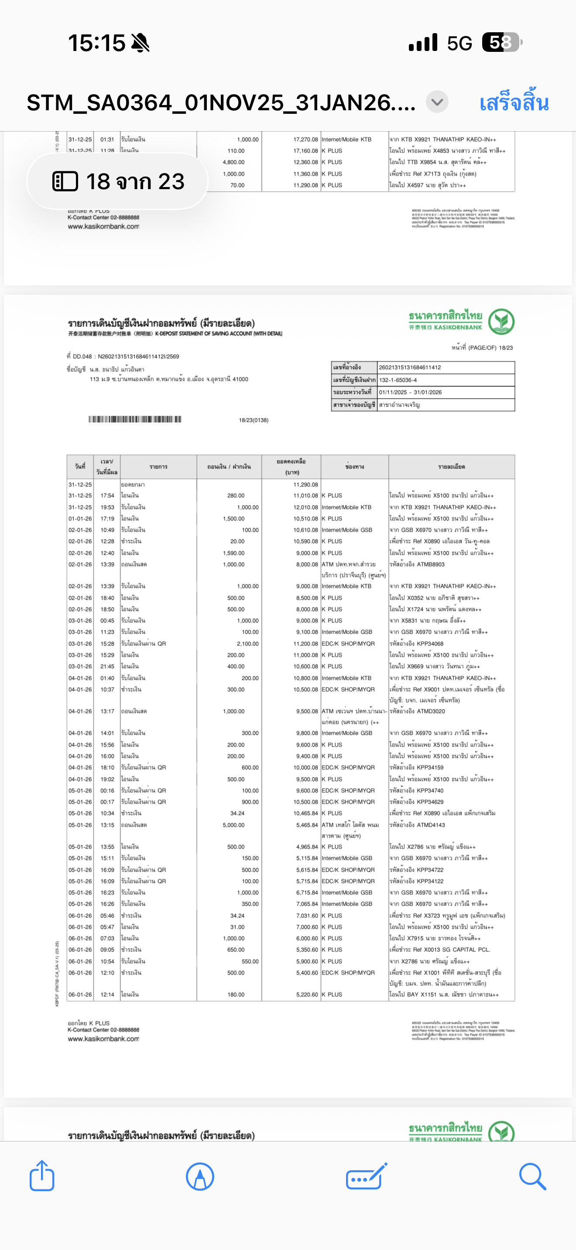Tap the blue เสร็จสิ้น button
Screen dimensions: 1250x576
514,103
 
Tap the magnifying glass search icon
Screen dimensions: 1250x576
532,1176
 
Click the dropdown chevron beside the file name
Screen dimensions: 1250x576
437,102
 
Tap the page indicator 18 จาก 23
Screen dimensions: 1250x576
118,181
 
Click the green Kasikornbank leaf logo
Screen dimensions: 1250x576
501,321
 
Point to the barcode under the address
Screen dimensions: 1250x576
134,419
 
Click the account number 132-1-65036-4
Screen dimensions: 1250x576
398,380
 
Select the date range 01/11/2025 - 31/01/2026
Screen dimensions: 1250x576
410,392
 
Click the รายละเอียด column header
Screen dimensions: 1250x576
451,467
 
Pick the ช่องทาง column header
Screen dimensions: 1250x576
354,467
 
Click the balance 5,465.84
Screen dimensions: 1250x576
305,825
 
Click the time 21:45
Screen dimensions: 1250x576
107,666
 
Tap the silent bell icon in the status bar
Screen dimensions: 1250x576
141,43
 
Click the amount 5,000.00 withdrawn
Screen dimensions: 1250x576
233,825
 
